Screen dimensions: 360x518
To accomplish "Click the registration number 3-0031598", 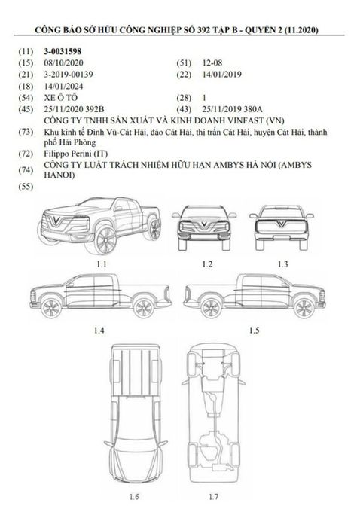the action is click(x=63, y=51).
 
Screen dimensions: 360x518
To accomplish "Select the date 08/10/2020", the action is click(x=63, y=62).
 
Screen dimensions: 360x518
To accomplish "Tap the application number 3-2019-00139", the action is click(x=69, y=75).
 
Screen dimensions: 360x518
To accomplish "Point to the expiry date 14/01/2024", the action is click(x=63, y=87).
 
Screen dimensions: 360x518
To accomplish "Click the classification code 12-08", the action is click(x=212, y=62).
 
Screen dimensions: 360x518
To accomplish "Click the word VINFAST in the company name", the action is click(x=241, y=120).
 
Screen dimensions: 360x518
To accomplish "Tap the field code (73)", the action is click(x=26, y=132).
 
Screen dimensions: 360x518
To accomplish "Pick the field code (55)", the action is click(x=26, y=187).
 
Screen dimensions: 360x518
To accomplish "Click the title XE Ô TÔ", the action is click(x=61, y=98).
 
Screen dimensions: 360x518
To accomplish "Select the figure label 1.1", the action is click(x=102, y=264).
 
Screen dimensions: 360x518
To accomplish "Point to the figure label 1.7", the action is click(x=214, y=496).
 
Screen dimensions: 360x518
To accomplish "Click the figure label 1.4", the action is click(x=99, y=330).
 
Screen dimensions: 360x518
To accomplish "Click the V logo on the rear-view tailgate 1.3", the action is click(x=282, y=224).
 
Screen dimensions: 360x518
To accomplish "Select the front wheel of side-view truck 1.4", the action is click(x=51, y=308).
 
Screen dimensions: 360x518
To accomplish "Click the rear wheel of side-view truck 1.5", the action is click(x=211, y=308).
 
